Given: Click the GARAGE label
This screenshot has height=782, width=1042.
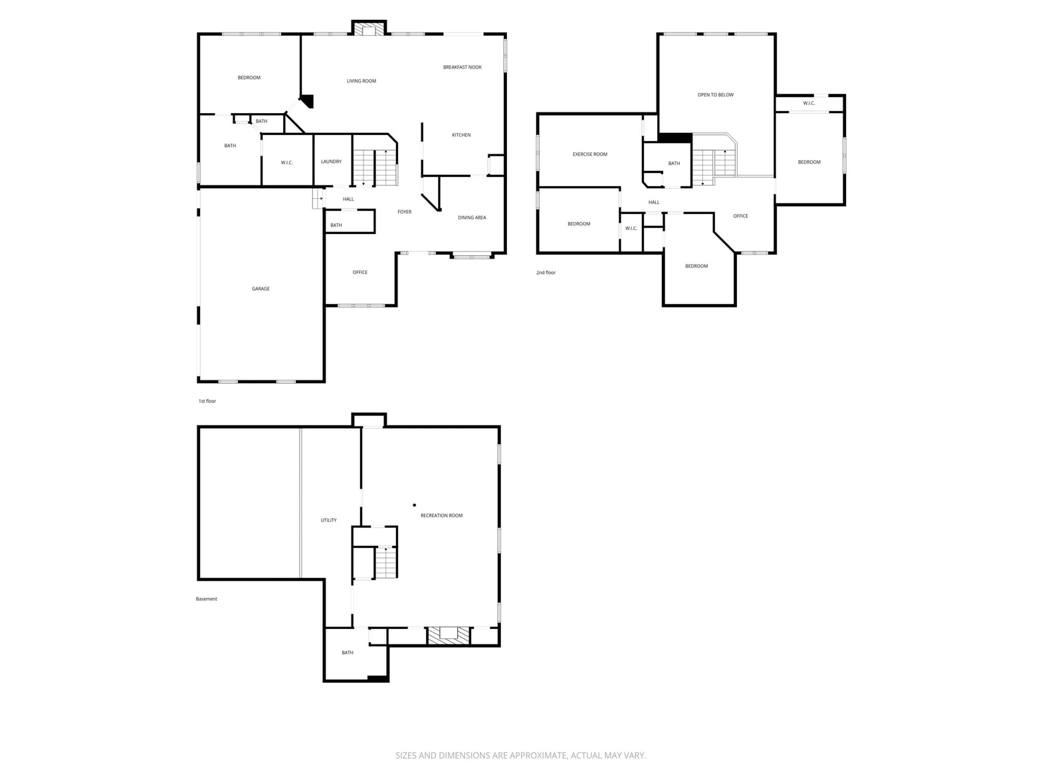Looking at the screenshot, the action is point(260,289).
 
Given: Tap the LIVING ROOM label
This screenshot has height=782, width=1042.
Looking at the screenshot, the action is point(362,81).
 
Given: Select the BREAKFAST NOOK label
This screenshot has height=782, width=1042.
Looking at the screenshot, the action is point(463,67).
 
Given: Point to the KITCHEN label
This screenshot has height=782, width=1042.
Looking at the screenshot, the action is point(461,135).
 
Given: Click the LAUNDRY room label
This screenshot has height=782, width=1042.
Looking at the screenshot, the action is point(331,162).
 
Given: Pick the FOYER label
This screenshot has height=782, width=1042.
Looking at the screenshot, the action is point(405,212).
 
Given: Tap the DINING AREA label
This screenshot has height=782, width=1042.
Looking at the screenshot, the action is point(472,218).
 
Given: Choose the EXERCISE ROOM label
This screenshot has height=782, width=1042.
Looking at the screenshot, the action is point(589,154).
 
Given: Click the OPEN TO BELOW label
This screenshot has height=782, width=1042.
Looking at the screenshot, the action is point(716,95).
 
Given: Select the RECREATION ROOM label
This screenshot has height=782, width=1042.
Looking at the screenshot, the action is point(441,515).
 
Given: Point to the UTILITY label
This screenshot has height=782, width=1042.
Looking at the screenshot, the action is point(328,521).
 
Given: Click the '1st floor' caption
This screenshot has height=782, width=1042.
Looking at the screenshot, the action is point(207,401).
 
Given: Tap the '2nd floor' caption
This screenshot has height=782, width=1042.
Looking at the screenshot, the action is point(546,273).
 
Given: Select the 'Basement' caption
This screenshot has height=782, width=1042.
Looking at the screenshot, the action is point(207,599).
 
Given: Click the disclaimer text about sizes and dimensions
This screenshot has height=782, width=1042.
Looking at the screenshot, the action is point(521,755).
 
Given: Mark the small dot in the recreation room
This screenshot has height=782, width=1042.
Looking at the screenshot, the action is point(415,505).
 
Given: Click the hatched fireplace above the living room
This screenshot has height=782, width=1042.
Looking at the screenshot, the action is point(369,29).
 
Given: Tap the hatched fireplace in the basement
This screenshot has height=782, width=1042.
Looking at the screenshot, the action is point(449,636).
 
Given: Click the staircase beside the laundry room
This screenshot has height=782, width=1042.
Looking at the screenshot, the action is point(375,167).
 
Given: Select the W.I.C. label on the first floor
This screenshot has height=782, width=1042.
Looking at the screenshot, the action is point(286,163).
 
